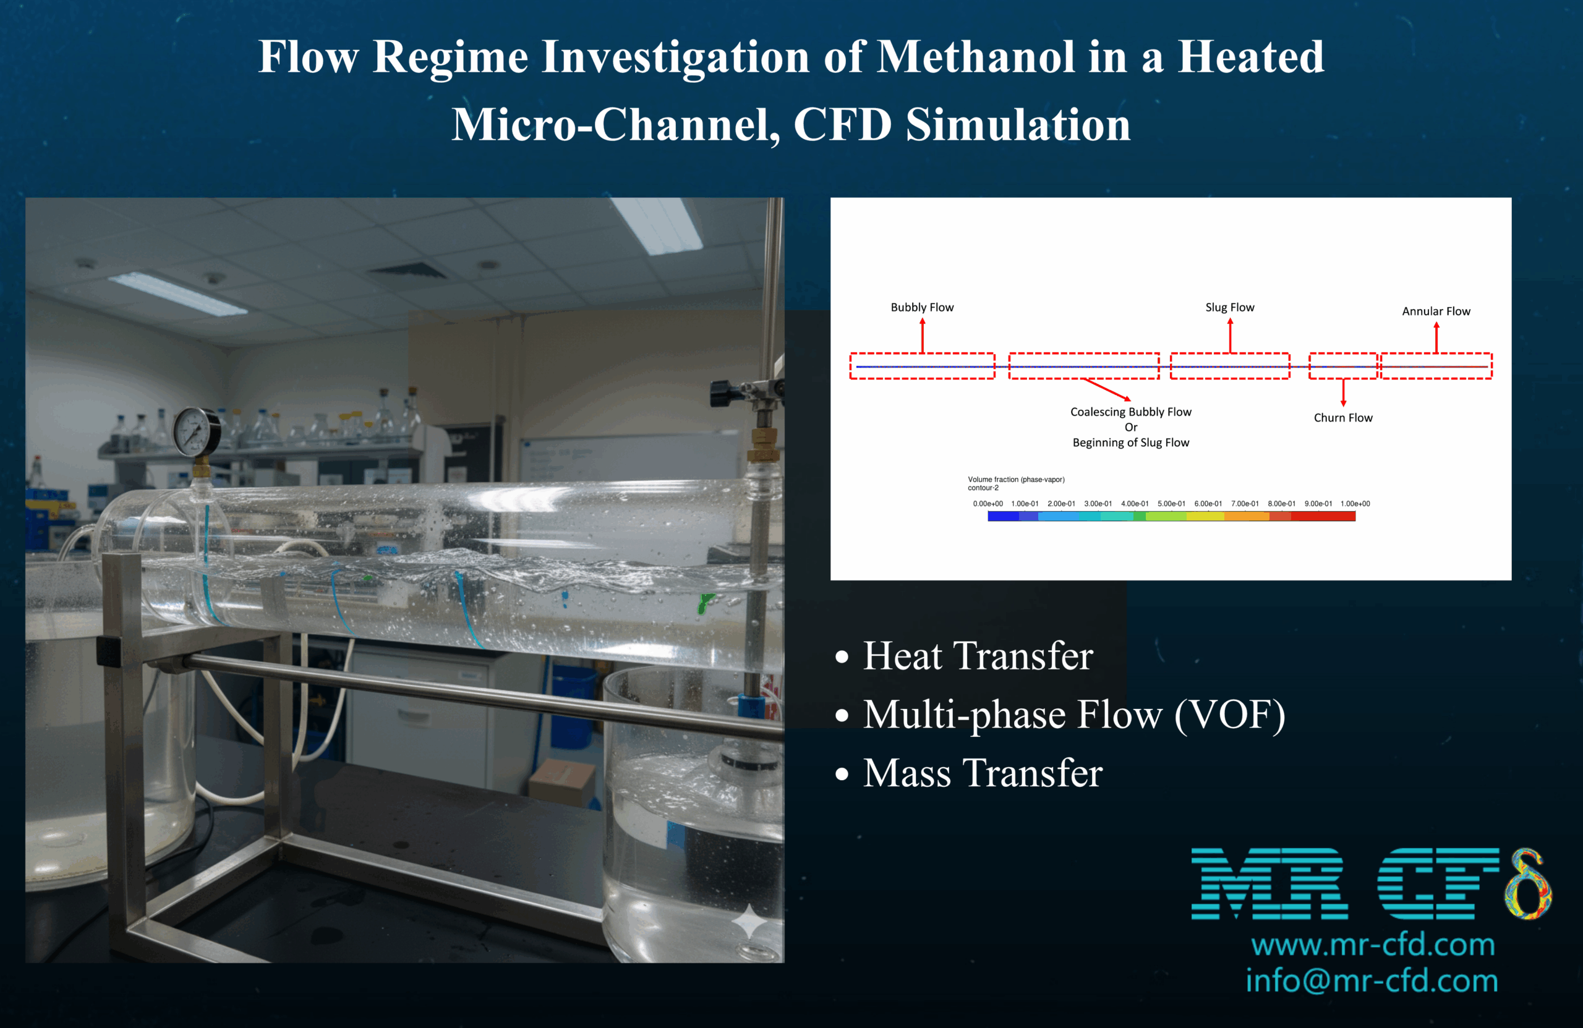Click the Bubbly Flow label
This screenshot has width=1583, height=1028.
(922, 307)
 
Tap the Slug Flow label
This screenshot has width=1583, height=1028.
(1230, 307)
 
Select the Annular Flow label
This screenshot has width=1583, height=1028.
(1436, 311)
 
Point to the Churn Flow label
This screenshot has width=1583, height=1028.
(1343, 418)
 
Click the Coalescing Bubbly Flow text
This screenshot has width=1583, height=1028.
(1131, 412)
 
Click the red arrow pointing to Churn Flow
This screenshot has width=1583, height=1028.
(1343, 393)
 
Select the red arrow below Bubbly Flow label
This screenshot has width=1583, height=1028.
(923, 336)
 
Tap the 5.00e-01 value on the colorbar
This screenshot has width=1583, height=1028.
(1171, 503)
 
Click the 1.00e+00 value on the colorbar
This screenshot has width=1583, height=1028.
(1355, 503)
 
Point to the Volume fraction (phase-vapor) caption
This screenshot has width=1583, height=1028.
(1015, 480)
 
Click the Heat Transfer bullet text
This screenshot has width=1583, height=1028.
(978, 656)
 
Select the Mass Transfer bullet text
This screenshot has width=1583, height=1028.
(983, 773)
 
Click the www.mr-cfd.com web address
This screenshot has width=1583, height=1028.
(1373, 945)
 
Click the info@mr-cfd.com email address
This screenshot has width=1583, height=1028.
(1372, 982)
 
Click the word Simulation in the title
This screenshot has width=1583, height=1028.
(1018, 125)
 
